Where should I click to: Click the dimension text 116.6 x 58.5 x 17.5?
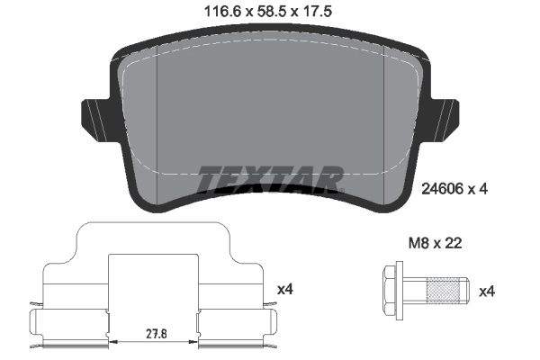coord(270,13)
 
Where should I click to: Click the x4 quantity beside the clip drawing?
coord(284,289)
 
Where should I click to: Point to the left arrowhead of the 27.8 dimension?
coord(112,342)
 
